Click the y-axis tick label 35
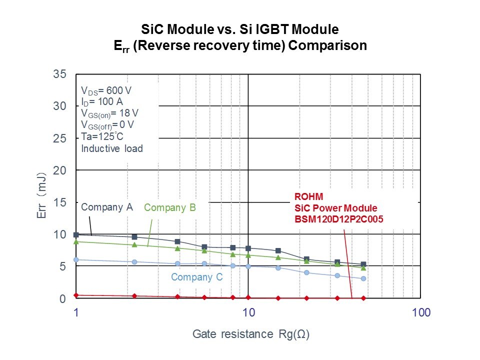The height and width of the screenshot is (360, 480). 60,74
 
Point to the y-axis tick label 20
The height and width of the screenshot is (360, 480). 60,170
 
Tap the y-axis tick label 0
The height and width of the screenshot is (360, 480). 63,299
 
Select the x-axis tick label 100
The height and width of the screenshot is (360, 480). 421,313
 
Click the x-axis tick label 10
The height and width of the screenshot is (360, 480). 248,313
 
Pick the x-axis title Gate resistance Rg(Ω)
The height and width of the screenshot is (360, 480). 251,334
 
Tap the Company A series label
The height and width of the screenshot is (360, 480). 106,206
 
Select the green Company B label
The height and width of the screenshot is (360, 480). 170,207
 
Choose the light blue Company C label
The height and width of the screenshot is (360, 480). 196,277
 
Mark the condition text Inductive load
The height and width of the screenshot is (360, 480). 112,148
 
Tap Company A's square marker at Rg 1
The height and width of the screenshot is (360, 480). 76,234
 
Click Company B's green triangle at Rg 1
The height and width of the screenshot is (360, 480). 76,241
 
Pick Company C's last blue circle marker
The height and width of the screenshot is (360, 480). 363,278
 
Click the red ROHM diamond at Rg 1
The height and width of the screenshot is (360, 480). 76,295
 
